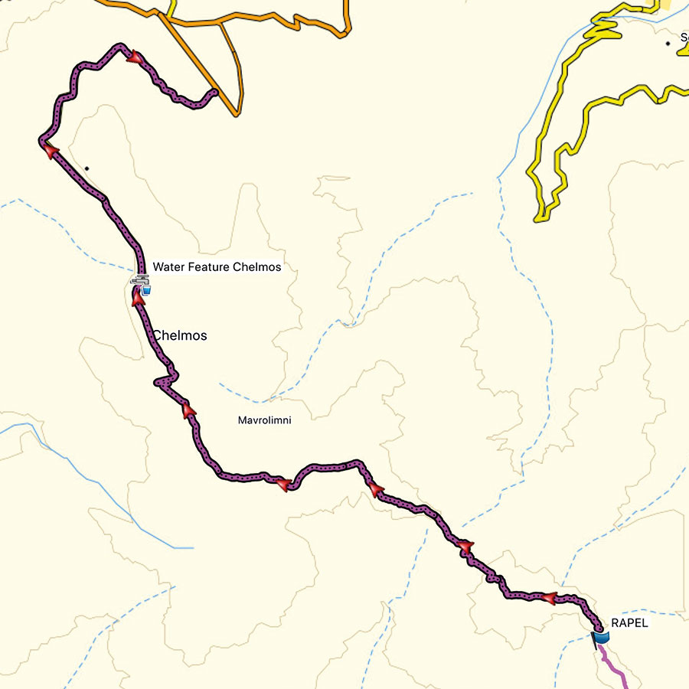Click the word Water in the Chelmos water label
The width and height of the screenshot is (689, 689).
click(168, 267)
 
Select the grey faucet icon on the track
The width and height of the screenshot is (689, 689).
click(139, 282)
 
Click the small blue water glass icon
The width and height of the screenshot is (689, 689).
click(146, 290)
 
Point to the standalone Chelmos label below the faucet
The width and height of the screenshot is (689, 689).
click(180, 335)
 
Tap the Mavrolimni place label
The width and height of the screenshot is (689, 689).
click(264, 420)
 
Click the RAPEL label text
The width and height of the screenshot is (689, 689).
click(629, 623)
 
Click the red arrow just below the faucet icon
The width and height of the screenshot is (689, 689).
click(139, 299)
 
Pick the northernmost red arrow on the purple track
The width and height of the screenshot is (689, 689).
click(136, 57)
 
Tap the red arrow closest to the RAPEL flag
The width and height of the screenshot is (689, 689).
click(548, 598)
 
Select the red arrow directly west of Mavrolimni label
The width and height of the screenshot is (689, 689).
click(189, 412)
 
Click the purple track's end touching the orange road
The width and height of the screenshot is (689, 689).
click(215, 93)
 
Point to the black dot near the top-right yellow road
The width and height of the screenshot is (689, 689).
click(668, 44)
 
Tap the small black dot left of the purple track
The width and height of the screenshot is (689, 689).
click(87, 168)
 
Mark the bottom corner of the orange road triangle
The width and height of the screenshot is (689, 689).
click(236, 116)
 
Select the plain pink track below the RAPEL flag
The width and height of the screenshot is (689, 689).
click(617, 667)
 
